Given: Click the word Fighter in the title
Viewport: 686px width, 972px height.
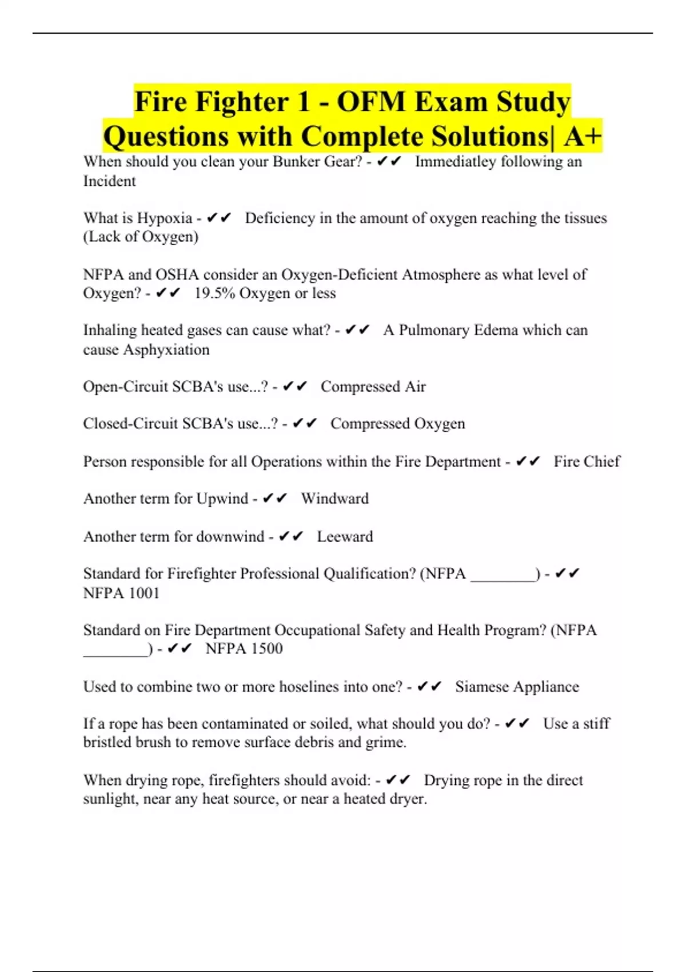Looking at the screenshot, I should (240, 102).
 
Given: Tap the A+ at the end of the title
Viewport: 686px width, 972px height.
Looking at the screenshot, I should (583, 137).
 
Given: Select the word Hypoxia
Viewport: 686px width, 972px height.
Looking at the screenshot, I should (165, 218).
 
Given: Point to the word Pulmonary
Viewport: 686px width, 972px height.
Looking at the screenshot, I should (434, 330).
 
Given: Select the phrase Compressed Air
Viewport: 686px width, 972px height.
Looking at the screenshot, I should (373, 387).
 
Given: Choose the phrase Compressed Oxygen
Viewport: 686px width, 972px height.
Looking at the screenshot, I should (397, 424).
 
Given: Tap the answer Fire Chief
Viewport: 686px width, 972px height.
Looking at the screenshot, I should (587, 461).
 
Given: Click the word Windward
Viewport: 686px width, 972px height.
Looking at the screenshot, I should (334, 499).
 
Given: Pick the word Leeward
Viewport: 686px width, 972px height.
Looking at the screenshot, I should (345, 537).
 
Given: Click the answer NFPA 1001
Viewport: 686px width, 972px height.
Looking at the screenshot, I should (121, 593).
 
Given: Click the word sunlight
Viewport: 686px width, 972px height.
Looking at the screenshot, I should (110, 799).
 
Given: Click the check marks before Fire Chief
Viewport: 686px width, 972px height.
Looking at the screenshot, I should (527, 461).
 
